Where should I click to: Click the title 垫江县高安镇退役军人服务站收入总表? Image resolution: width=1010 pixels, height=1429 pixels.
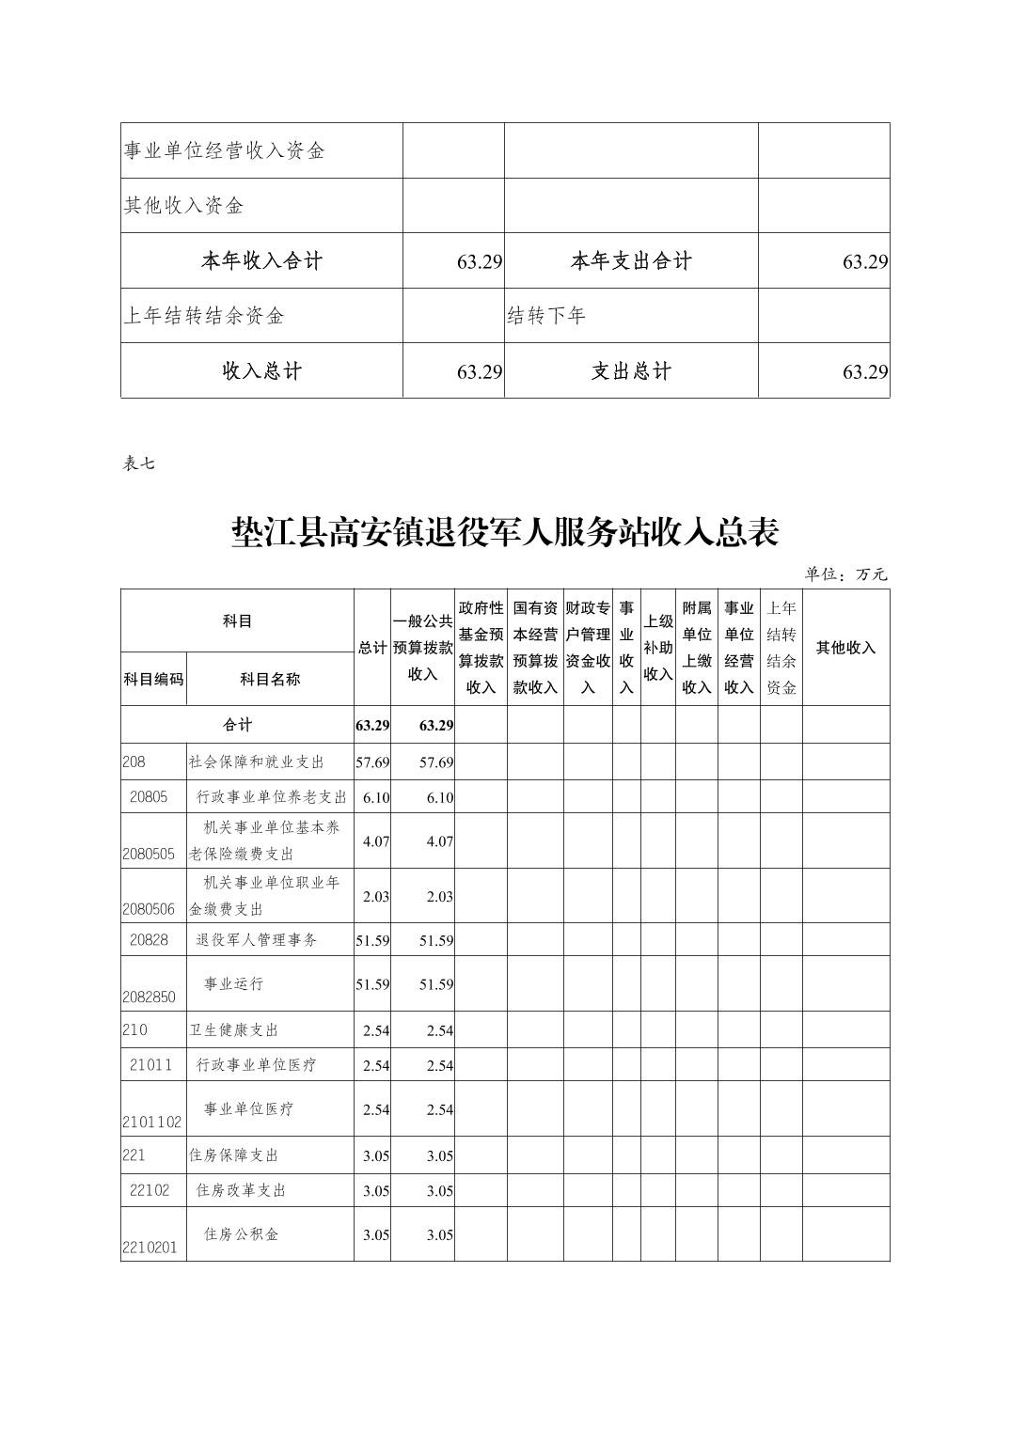505,532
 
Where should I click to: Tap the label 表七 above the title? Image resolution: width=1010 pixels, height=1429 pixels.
139,463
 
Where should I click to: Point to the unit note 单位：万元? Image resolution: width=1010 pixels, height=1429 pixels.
845,574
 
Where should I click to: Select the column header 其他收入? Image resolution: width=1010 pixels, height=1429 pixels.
845,647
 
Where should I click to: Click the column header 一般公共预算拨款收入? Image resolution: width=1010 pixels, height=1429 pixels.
422,647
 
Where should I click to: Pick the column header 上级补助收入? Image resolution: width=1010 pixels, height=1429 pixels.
658,647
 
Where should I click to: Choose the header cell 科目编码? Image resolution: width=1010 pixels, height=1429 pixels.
153,679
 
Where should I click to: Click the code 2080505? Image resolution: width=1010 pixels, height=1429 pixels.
149,855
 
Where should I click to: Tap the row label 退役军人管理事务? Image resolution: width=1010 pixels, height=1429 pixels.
256,939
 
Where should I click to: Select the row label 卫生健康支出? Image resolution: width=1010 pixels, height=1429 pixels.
234,1029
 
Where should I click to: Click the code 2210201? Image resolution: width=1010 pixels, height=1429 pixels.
149,1248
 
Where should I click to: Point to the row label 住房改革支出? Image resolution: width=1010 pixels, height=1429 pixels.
240,1189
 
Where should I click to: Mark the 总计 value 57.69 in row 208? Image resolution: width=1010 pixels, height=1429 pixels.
372,762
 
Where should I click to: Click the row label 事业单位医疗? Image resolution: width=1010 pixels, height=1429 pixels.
248,1108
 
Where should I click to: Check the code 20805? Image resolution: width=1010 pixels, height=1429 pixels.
149,796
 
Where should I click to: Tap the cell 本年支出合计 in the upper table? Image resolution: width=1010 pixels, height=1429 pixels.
631,260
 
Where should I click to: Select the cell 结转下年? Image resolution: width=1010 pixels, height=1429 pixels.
546,316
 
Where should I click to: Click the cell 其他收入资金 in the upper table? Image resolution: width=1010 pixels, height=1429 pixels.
184,205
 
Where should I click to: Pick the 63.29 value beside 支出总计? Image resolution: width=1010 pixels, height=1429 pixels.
865,371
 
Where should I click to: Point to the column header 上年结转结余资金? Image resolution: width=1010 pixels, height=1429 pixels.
781,647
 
